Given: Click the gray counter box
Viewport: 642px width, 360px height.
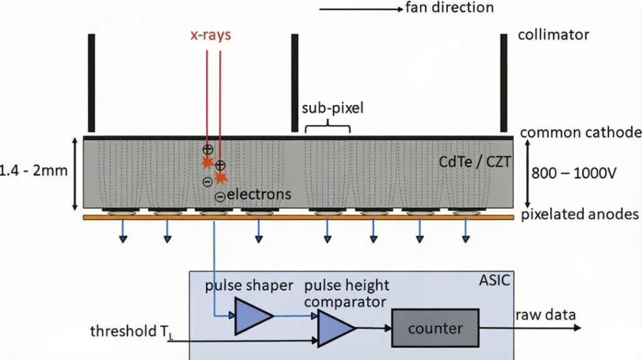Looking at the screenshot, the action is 435,328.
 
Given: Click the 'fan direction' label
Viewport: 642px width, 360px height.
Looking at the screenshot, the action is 450,7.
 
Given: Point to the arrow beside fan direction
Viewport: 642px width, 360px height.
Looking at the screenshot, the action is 361,9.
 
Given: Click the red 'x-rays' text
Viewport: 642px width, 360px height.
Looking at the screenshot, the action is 210,35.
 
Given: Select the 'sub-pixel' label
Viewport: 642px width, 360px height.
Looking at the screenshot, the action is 332,108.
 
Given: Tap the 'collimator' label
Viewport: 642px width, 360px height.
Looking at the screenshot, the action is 553,35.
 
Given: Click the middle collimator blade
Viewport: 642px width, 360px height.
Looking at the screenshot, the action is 295,83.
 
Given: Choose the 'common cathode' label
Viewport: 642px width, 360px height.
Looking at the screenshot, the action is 581,132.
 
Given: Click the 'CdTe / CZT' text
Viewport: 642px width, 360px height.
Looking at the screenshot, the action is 475,162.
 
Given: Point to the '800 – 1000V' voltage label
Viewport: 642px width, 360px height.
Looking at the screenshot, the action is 574,174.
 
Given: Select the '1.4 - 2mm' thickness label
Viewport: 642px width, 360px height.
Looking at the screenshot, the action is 33,171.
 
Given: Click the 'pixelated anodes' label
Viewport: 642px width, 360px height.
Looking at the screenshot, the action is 580,214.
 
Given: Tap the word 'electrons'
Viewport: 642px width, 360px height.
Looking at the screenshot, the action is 259,194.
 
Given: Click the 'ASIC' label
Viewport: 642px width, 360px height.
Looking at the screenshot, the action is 495,281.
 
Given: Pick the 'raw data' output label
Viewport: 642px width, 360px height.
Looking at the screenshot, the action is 545,315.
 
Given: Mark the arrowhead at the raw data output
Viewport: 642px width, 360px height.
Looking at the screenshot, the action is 577,327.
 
